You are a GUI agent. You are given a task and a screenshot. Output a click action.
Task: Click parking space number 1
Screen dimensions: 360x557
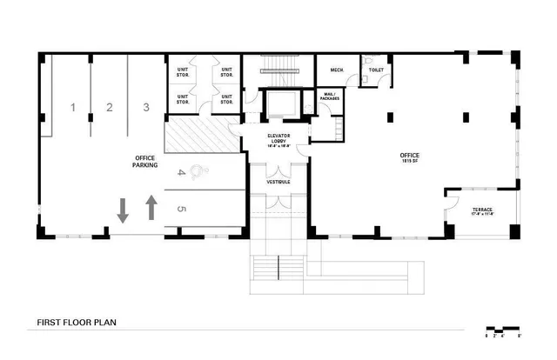pos(74,108)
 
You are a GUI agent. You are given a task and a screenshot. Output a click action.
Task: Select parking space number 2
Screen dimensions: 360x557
pos(110,108)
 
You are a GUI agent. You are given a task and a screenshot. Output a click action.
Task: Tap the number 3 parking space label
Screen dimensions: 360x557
pos(147,108)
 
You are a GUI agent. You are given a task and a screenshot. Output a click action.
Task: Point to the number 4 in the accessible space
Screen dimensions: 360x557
pos(181,173)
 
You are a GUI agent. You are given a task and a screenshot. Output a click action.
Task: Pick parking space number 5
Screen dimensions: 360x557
pos(181,210)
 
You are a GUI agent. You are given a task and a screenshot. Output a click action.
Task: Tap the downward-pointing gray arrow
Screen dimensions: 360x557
pos(123,209)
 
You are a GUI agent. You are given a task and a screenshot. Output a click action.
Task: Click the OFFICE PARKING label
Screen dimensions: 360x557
pos(145,162)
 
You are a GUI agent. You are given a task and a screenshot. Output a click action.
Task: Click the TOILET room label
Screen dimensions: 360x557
pos(376,69)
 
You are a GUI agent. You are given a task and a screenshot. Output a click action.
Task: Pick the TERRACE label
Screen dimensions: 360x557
pos(481,212)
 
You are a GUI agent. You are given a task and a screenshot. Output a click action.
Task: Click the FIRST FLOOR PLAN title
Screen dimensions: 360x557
pos(77,323)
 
